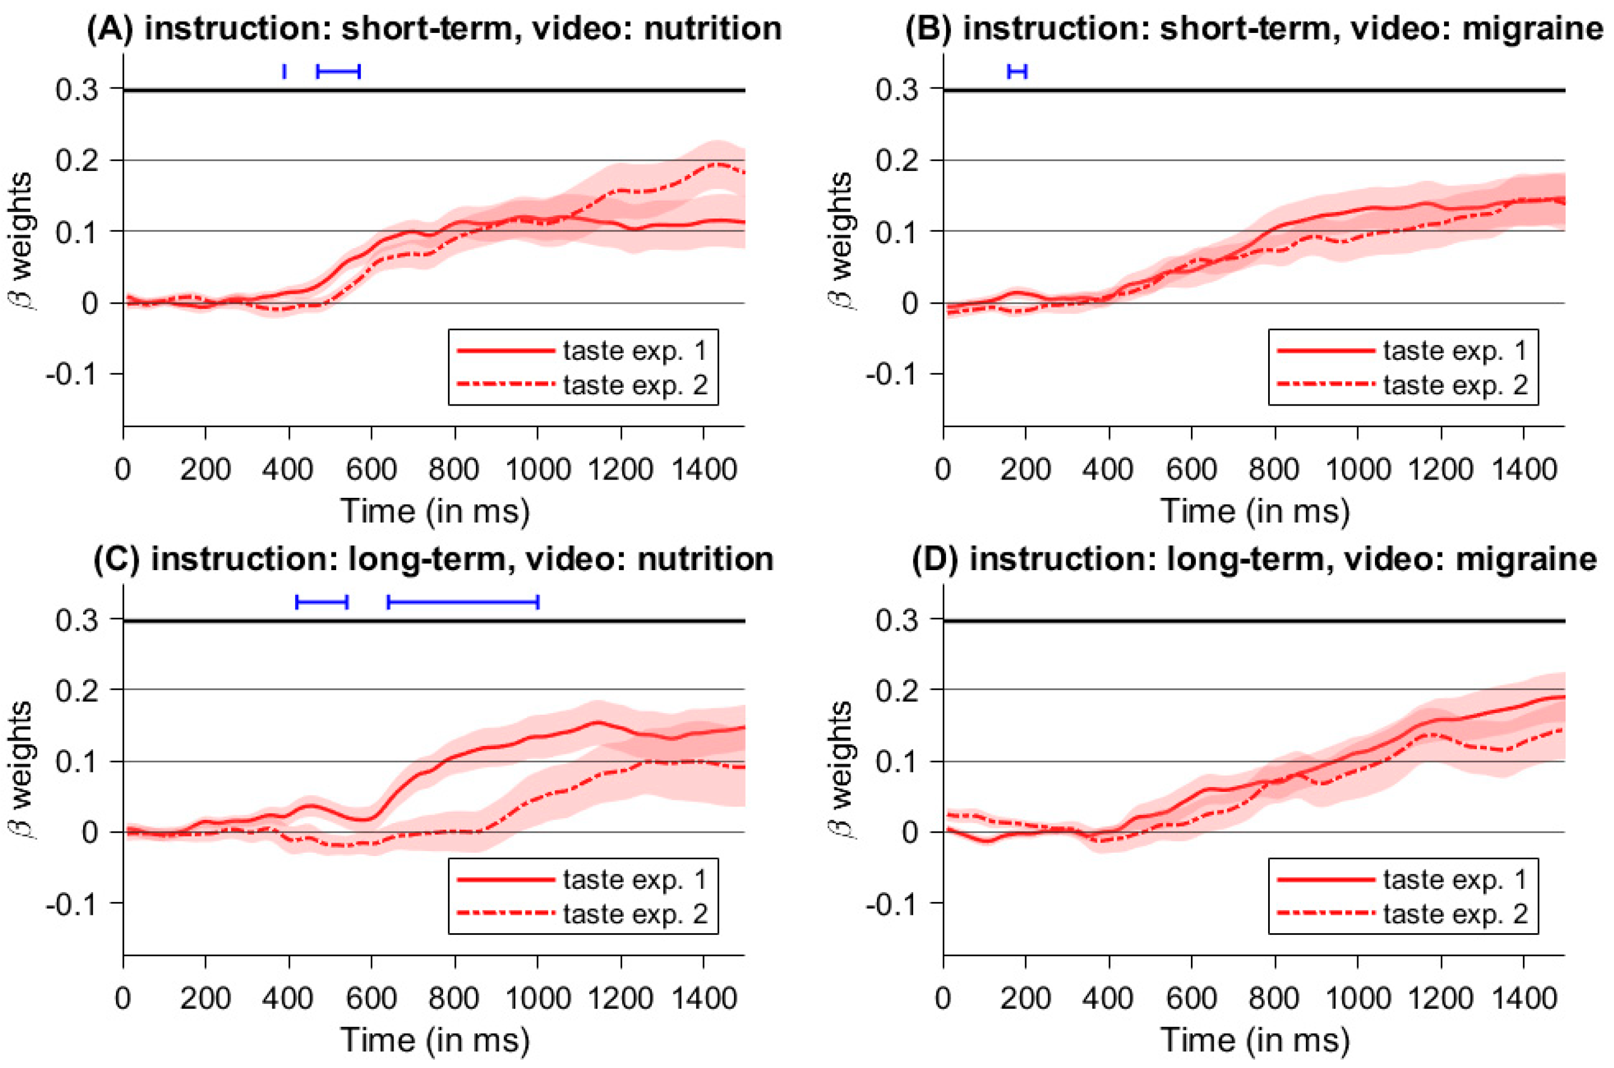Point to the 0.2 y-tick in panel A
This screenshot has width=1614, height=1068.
tap(76, 161)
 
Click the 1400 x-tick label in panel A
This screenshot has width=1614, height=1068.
tap(704, 469)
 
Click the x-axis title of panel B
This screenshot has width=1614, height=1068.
tap(1255, 511)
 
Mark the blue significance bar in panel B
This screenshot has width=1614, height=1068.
tap(1017, 71)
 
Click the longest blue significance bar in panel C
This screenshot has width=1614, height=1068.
tap(464, 601)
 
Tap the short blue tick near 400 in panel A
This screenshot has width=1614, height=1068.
tap(284, 71)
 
